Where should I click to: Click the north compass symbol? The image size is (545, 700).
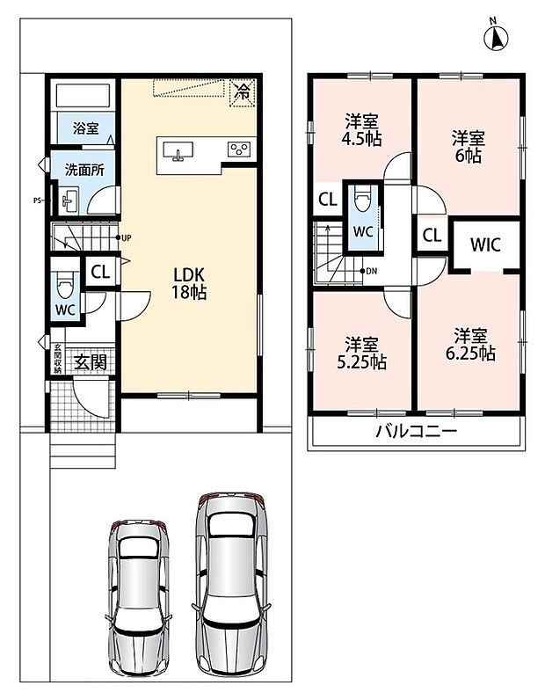(496, 37)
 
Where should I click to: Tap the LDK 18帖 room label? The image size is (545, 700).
(189, 283)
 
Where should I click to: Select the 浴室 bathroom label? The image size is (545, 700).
(85, 129)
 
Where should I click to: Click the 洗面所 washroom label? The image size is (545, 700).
(84, 170)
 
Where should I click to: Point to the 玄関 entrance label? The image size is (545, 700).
(91, 362)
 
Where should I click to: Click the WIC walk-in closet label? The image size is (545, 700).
(485, 244)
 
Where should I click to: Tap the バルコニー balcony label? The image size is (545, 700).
(416, 431)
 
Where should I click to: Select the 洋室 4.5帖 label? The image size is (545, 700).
(361, 130)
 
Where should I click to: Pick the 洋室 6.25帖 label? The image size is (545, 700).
(470, 345)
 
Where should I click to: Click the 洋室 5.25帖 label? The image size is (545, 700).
(361, 354)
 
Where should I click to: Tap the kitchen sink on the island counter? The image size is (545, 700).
(178, 150)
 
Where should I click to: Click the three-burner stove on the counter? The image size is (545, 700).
(239, 149)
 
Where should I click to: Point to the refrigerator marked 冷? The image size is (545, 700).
(243, 93)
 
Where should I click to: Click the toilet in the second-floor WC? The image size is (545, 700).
(361, 198)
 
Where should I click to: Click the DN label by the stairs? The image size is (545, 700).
(371, 271)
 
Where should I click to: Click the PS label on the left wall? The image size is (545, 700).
(38, 201)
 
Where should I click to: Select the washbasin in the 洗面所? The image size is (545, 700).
(69, 201)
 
